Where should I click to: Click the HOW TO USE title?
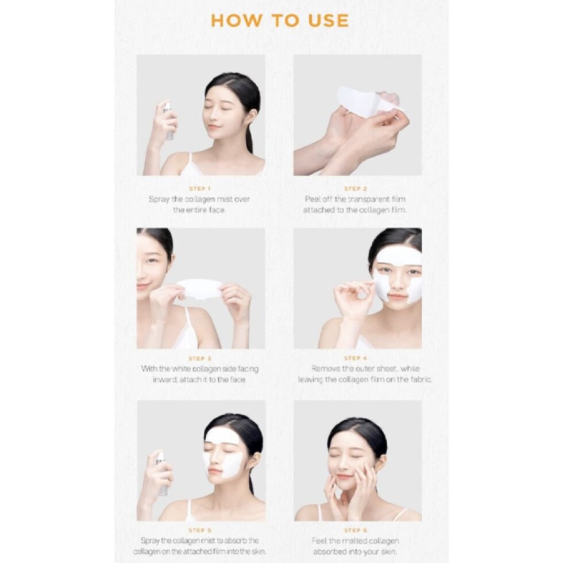280,21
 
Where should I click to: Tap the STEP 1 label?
200,188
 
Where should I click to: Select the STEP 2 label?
356,188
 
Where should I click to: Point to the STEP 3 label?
200,358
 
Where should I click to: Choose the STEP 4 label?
356,358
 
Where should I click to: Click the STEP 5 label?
200,530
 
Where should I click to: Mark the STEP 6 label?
356,530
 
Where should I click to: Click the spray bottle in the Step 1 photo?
168,121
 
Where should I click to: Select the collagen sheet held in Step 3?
200,289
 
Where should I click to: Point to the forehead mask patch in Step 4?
399,256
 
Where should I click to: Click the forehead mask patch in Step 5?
223,436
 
